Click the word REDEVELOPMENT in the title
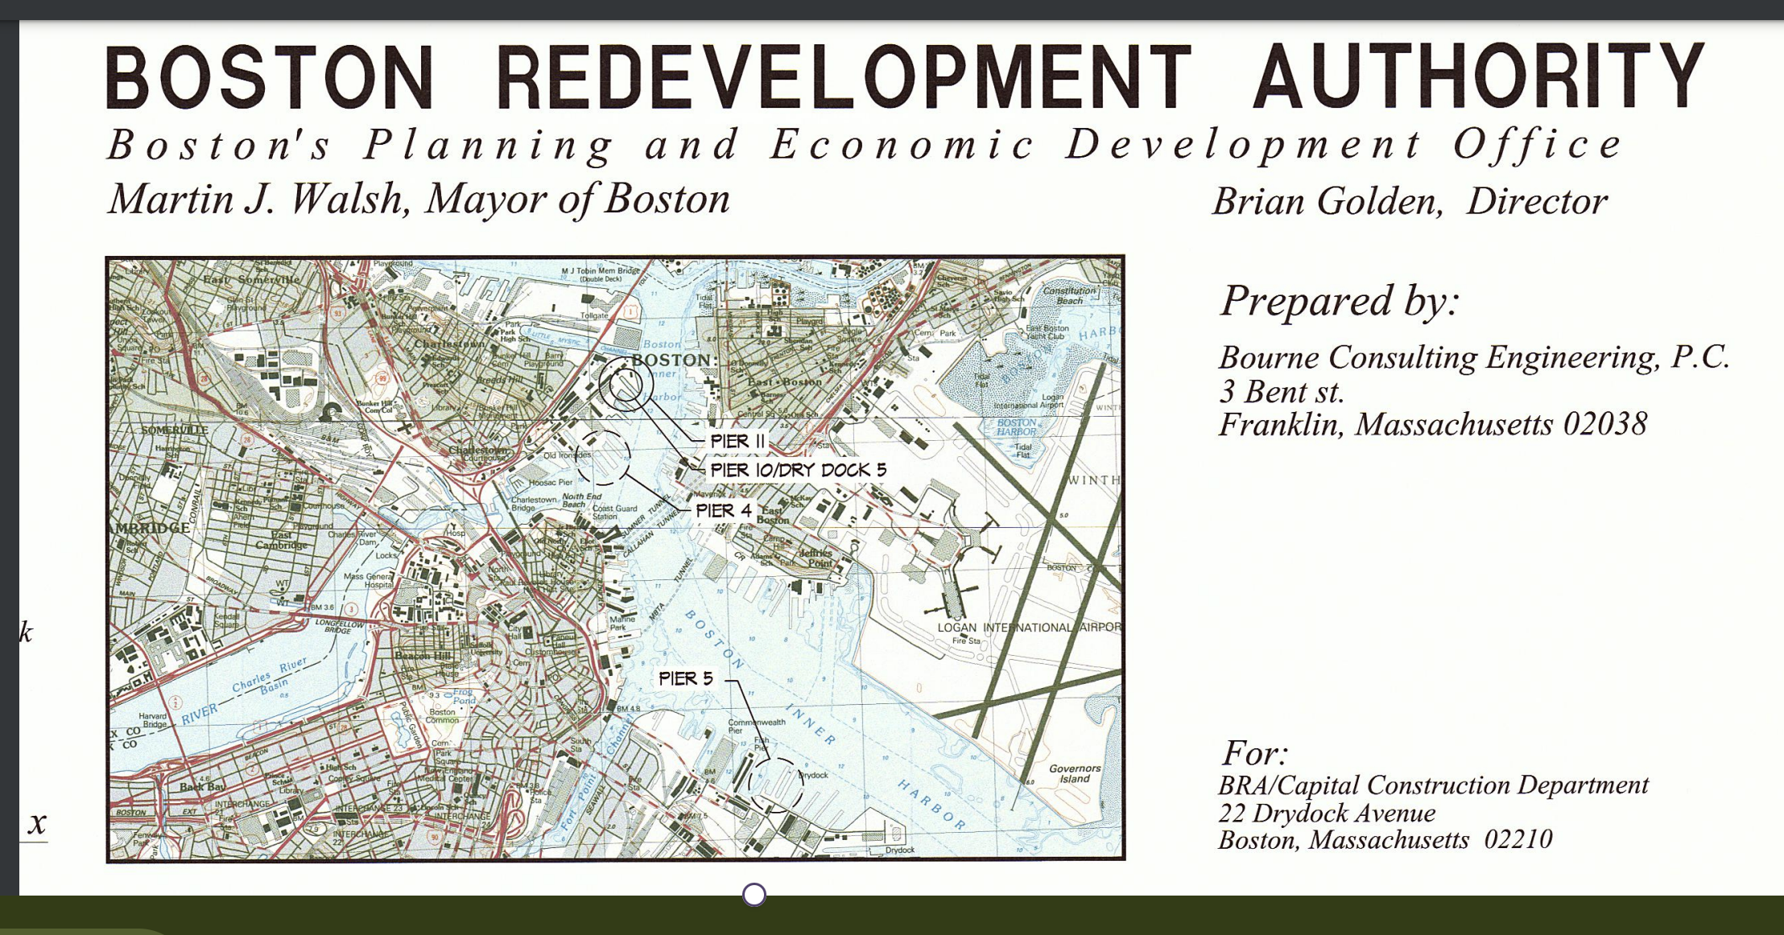click(842, 77)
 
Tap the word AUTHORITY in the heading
click(1478, 77)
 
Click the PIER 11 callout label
click(737, 441)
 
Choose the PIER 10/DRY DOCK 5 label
click(797, 470)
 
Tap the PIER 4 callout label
click(723, 510)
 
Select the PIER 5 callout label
click(686, 678)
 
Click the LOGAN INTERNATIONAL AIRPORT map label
click(1029, 628)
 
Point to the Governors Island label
click(1074, 773)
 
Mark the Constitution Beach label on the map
click(1069, 295)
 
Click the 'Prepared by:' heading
click(1340, 301)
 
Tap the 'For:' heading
click(1254, 754)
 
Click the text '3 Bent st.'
click(1282, 392)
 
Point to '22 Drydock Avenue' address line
click(1327, 813)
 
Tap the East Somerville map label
click(250, 279)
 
